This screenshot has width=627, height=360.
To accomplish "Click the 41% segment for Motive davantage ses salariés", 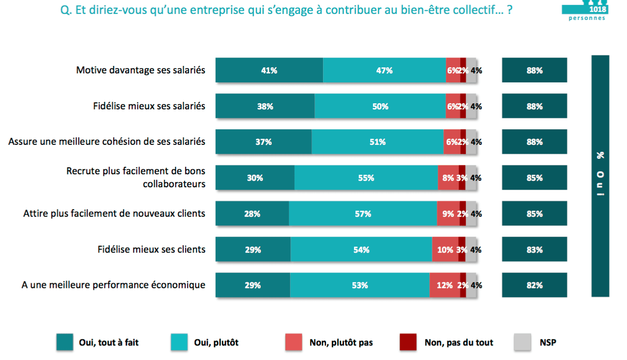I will click(269, 70).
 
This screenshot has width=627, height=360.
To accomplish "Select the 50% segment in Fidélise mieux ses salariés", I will click(380, 106).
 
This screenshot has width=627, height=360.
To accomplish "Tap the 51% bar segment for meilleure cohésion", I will click(377, 142).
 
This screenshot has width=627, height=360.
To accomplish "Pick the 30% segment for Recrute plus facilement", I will click(255, 178).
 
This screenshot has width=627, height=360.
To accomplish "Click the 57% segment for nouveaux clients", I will click(363, 214).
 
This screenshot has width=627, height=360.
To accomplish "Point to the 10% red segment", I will click(445, 250).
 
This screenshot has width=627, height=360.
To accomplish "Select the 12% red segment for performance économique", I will click(444, 286).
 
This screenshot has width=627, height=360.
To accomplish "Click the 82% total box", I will click(534, 286).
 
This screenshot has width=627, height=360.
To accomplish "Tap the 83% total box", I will click(534, 250).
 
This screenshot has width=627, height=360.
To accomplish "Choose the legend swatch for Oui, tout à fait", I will click(65, 343).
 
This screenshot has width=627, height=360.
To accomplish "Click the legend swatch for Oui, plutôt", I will click(180, 343).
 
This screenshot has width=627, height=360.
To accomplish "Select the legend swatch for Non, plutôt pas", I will click(294, 343).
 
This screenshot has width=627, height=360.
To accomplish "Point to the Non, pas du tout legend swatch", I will click(408, 343).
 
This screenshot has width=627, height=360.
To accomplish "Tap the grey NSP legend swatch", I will click(522, 343).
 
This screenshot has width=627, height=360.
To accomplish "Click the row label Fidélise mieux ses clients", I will click(151, 249).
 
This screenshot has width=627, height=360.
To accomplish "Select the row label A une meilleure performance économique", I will click(113, 285).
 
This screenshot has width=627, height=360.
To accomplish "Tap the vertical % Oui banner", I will click(600, 176).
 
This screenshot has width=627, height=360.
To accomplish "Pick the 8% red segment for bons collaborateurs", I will click(448, 178).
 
